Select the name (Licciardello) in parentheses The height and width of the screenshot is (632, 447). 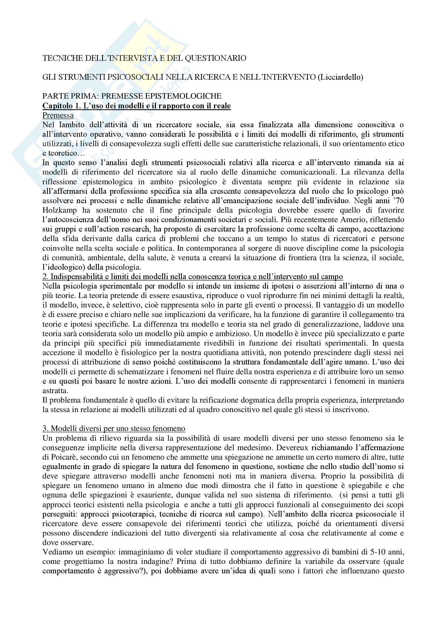340,77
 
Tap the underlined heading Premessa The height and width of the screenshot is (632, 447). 58,115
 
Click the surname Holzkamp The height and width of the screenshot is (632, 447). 59,210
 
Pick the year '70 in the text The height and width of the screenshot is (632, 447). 398,201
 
